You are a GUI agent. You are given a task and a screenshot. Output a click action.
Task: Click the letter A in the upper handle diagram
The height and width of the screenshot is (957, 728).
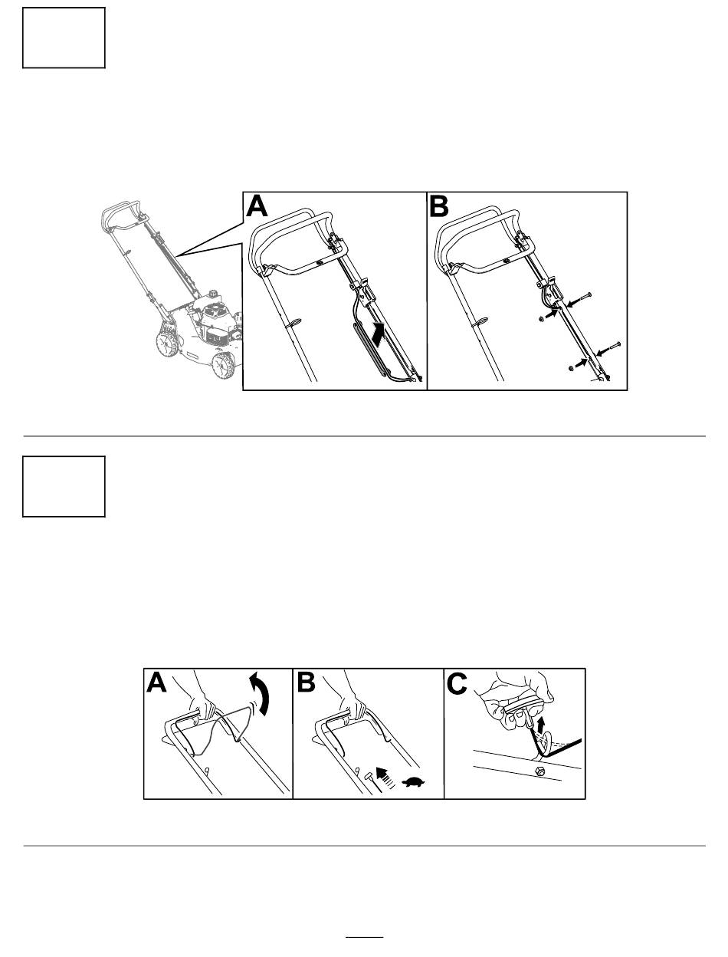257,206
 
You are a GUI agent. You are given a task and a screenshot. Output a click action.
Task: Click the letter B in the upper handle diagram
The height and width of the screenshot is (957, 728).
439,206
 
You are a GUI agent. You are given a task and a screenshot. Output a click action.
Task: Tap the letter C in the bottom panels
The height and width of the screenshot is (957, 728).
457,684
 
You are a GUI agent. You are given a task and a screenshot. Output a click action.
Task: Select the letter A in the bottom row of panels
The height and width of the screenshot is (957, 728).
156,684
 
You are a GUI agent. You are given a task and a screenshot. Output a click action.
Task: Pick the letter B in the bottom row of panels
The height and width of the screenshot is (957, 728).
306,684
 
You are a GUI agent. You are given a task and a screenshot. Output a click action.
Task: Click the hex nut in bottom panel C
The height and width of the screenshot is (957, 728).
540,771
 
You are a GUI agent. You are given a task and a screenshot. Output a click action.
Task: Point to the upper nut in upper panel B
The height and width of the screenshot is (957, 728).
541,319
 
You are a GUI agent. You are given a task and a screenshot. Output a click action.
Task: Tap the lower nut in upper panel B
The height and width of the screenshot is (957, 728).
571,369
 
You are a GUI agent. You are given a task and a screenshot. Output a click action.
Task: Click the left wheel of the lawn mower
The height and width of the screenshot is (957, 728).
167,345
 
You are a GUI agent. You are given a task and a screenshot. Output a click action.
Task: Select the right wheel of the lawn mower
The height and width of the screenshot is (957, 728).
224,365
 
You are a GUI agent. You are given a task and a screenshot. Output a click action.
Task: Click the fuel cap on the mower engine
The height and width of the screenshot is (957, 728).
213,292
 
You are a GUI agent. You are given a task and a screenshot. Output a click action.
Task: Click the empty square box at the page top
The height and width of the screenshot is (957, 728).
64,38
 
